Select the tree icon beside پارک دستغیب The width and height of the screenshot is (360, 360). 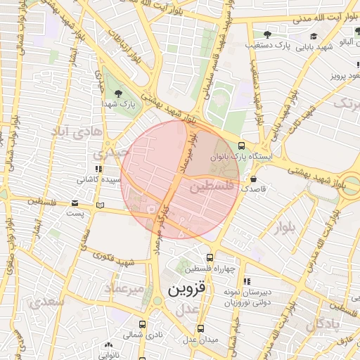click(x=266, y=34)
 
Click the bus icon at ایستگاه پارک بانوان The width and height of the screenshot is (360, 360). click(x=242, y=145)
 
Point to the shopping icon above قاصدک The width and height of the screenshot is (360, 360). click(x=253, y=179)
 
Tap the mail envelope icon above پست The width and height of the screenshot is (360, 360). click(x=75, y=203)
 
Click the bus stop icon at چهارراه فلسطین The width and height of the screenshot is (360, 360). click(x=210, y=257)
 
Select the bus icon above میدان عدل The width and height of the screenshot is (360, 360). click(x=201, y=328)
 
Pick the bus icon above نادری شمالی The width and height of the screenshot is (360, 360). click(x=143, y=324)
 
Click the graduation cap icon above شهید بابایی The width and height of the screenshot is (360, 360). click(x=313, y=36)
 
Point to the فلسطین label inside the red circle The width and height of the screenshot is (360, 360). click(x=210, y=187)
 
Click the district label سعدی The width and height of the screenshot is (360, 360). click(x=47, y=302)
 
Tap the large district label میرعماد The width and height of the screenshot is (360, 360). click(x=124, y=289)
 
